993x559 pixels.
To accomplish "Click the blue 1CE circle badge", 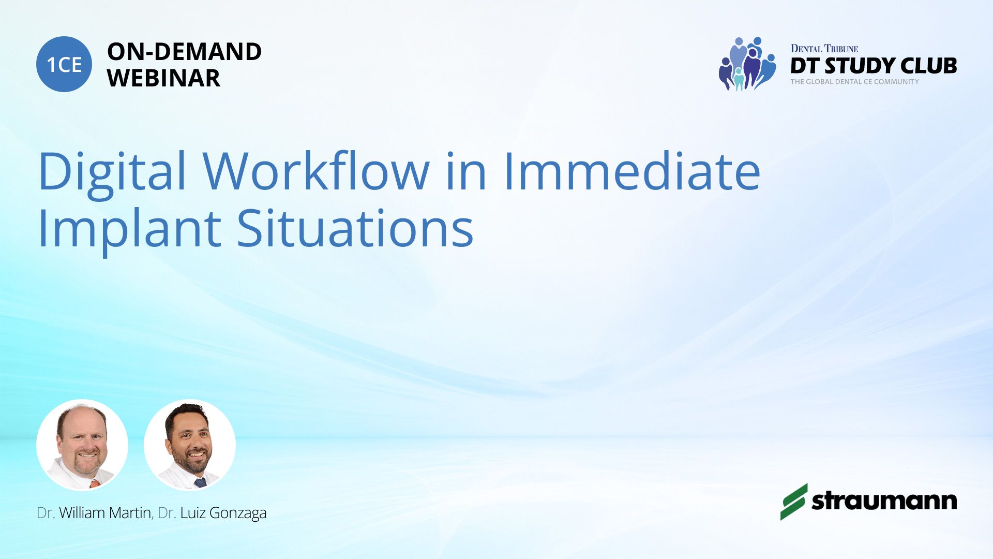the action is [x=64, y=64].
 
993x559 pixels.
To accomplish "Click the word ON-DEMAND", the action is [x=184, y=52].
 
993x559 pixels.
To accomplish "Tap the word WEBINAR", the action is [x=163, y=78].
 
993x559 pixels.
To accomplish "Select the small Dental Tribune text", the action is [x=824, y=49].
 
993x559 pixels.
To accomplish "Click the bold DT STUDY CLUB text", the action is [x=874, y=66].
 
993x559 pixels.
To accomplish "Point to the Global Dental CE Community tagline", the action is [x=854, y=81].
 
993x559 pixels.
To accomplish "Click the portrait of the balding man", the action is [x=82, y=445].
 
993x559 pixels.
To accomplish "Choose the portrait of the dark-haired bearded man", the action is [x=190, y=445].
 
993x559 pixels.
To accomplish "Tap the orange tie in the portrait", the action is [x=95, y=484].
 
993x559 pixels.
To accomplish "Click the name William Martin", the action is [x=105, y=513].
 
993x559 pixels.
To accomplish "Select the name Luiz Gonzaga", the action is [x=223, y=513].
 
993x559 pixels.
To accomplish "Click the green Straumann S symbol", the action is [x=794, y=502].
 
